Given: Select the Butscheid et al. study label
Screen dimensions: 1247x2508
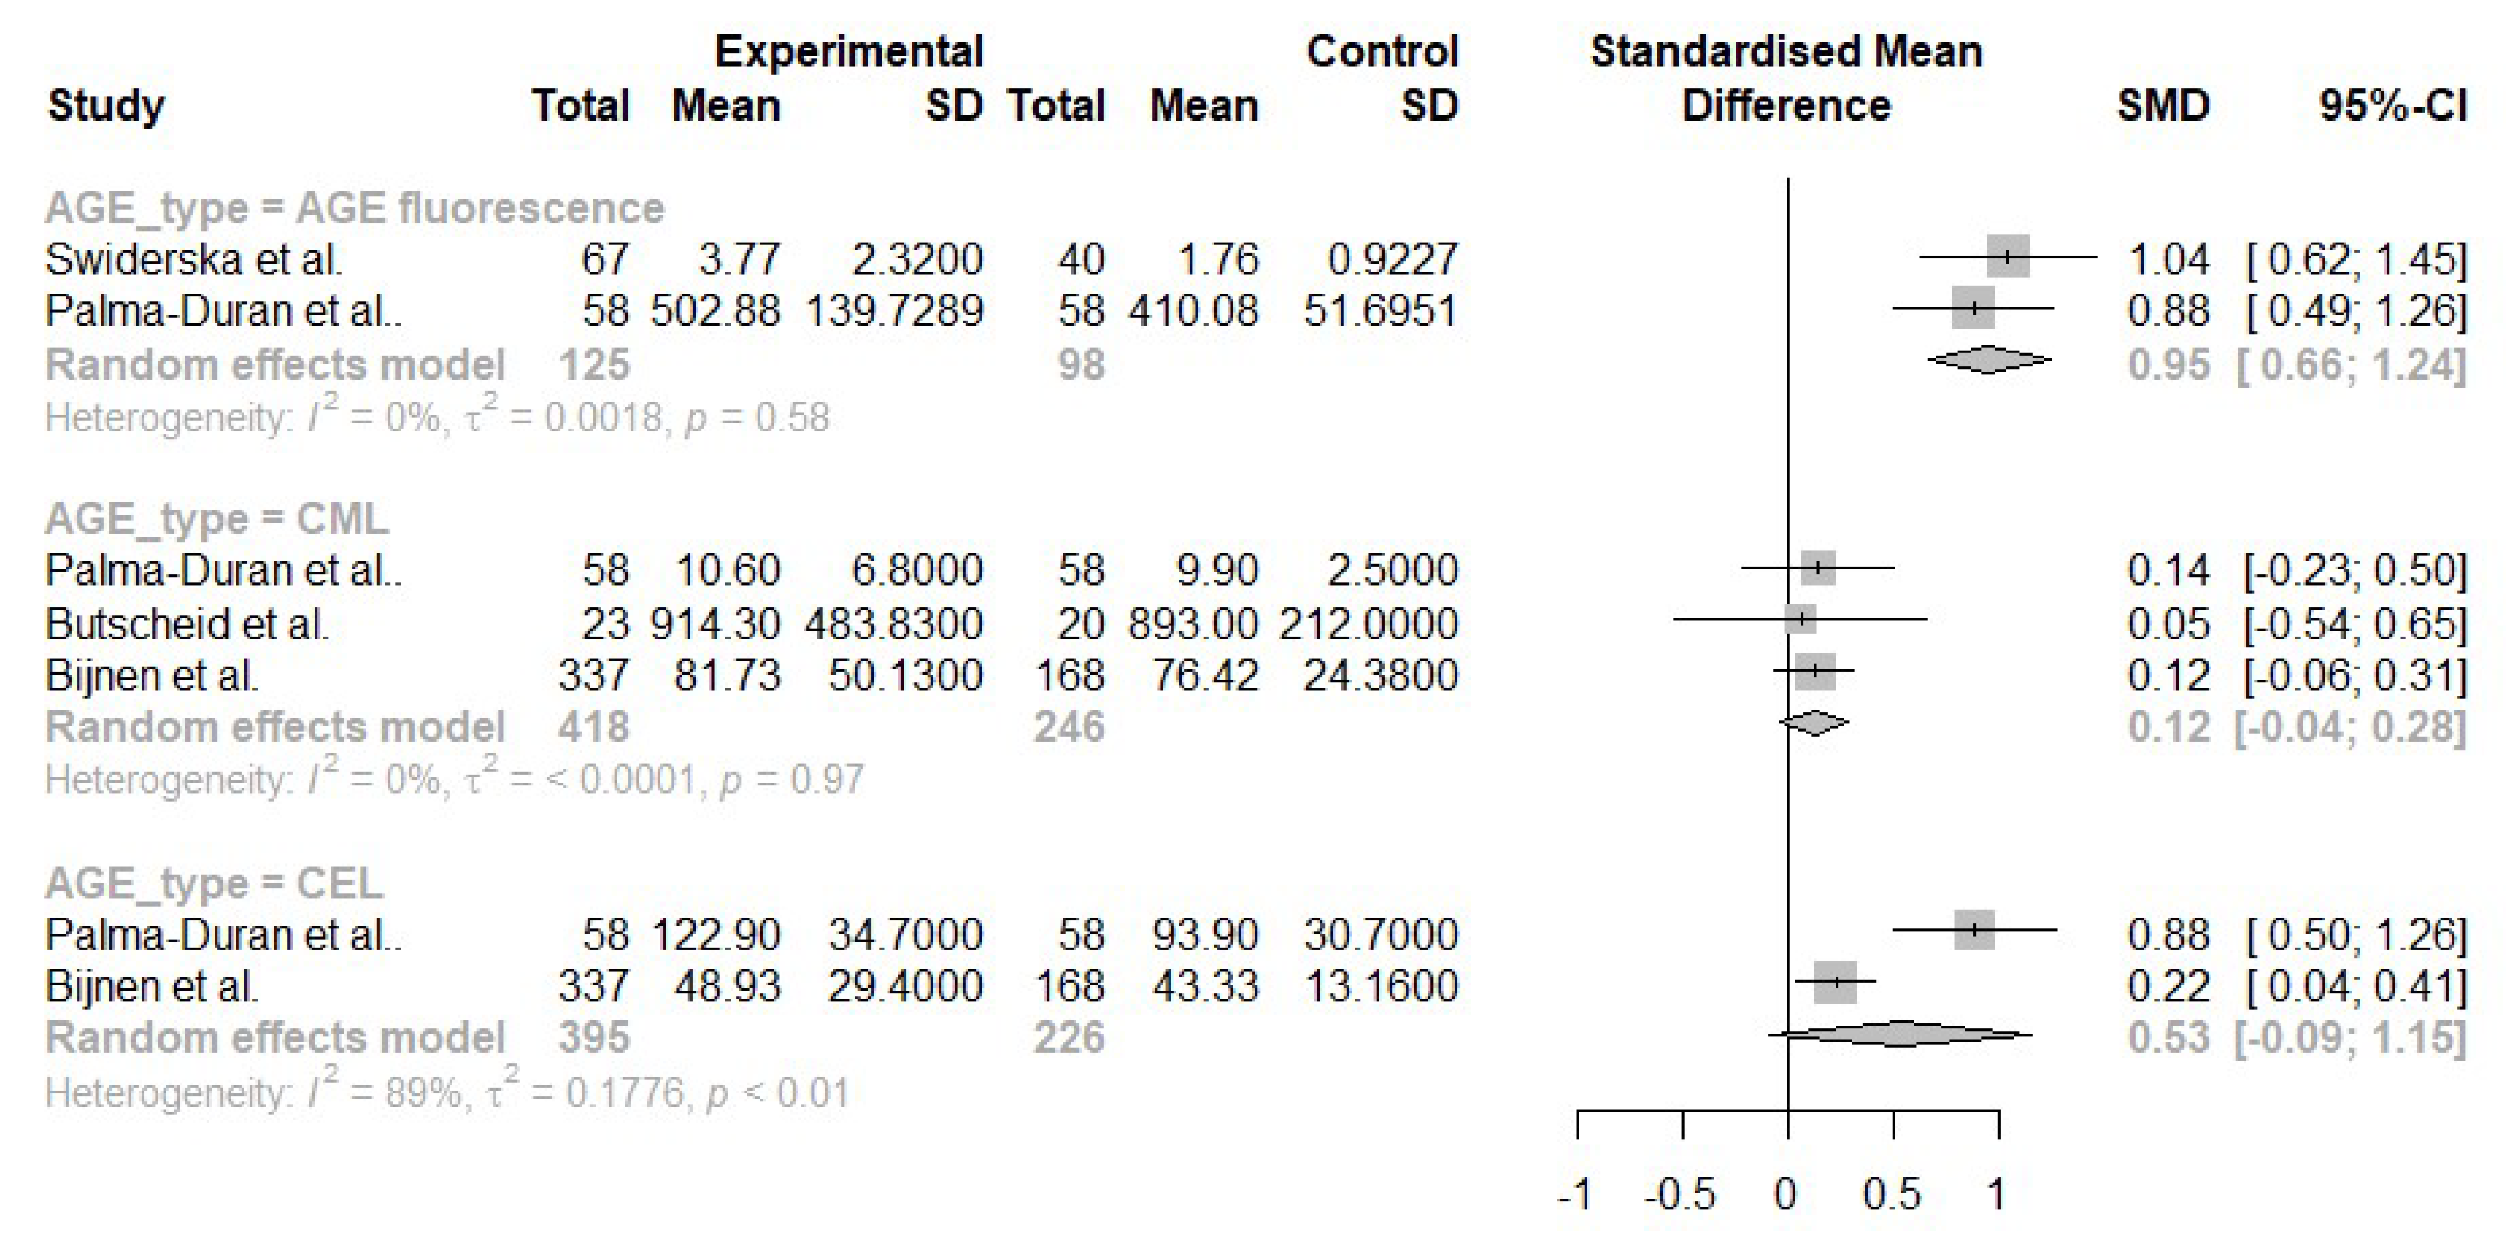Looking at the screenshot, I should click(186, 623).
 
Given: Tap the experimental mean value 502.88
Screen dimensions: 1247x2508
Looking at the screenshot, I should click(715, 311).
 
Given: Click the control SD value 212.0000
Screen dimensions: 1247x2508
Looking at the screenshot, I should click(1368, 623).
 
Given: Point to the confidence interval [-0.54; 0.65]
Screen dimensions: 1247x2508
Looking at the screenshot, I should click(2355, 623).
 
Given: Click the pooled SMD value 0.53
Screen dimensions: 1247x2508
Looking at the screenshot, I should click(2168, 1038).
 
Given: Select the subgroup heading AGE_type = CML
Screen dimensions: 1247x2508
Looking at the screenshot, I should click(216, 518).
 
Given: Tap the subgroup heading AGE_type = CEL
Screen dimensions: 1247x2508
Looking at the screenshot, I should click(214, 883).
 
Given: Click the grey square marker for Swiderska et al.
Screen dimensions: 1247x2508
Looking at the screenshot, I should click(2008, 256).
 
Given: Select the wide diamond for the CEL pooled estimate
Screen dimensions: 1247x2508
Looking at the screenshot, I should click(1901, 1034).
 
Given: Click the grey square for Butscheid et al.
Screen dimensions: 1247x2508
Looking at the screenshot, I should click(1801, 618).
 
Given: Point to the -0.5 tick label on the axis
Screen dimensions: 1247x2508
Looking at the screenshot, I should click(1681, 1195).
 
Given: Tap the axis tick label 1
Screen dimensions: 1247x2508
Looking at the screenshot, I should click(1997, 1195).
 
